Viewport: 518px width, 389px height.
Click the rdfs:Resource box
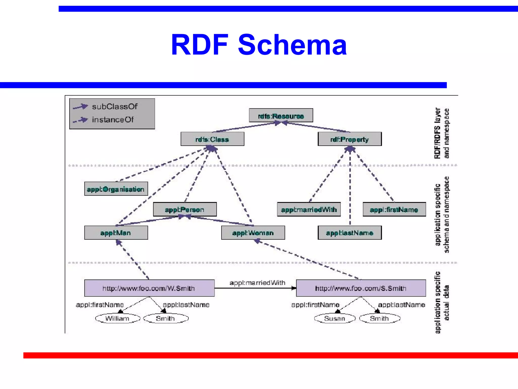(281, 116)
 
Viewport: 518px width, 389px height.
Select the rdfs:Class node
(212, 139)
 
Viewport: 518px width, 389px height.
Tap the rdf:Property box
(350, 139)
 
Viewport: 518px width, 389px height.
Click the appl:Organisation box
(116, 189)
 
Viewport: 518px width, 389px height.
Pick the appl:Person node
(185, 209)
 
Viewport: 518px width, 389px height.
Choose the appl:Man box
(116, 233)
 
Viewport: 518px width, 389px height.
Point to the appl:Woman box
(253, 233)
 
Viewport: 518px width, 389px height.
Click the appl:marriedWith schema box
(309, 209)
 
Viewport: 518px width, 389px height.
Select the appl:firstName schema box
(394, 209)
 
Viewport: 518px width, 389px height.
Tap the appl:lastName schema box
(350, 233)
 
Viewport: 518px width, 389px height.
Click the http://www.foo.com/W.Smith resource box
(149, 288)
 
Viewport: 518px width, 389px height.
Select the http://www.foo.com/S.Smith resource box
(361, 288)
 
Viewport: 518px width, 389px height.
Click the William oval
(118, 318)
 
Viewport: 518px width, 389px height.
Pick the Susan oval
(335, 318)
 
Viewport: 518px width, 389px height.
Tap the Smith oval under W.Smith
(166, 318)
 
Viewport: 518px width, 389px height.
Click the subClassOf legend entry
(115, 106)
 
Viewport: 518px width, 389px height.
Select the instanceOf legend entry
(113, 120)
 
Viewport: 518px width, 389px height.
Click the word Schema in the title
(292, 45)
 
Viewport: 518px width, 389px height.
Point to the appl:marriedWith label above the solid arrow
(257, 283)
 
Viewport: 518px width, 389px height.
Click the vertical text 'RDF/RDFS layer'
(438, 133)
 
